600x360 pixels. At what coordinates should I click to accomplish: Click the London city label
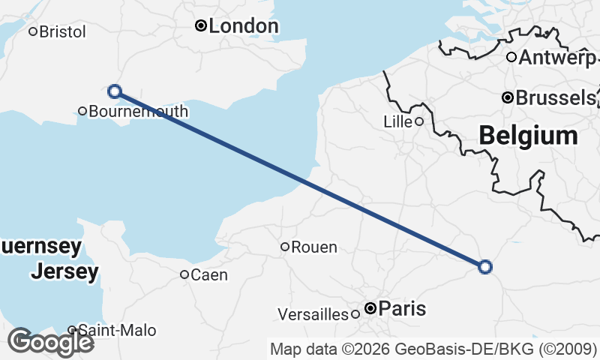[x=243, y=26]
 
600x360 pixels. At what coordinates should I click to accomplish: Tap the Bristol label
[x=62, y=31]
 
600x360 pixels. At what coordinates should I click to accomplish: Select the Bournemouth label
[x=138, y=112]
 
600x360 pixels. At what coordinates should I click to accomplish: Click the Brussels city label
[x=555, y=97]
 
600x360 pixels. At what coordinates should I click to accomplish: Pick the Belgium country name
[x=528, y=136]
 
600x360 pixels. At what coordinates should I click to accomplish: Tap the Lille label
[x=397, y=121]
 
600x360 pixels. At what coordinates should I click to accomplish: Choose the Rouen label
[x=313, y=247]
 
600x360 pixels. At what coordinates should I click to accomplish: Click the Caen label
[x=209, y=274]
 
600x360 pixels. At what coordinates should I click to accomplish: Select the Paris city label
[x=402, y=308]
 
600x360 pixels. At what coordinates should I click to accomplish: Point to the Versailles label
[x=313, y=313]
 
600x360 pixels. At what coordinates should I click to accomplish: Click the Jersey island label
[x=64, y=271]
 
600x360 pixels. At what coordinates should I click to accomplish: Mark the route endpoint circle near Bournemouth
[x=115, y=91]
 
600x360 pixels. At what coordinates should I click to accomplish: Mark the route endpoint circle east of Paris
[x=485, y=266]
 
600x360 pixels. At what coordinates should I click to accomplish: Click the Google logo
[x=50, y=342]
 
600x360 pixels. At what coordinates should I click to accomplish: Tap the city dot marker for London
[x=201, y=26]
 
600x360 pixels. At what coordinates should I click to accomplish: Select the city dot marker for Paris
[x=370, y=308]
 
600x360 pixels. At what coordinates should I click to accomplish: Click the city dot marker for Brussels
[x=508, y=97]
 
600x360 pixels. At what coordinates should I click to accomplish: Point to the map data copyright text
[x=433, y=349]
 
